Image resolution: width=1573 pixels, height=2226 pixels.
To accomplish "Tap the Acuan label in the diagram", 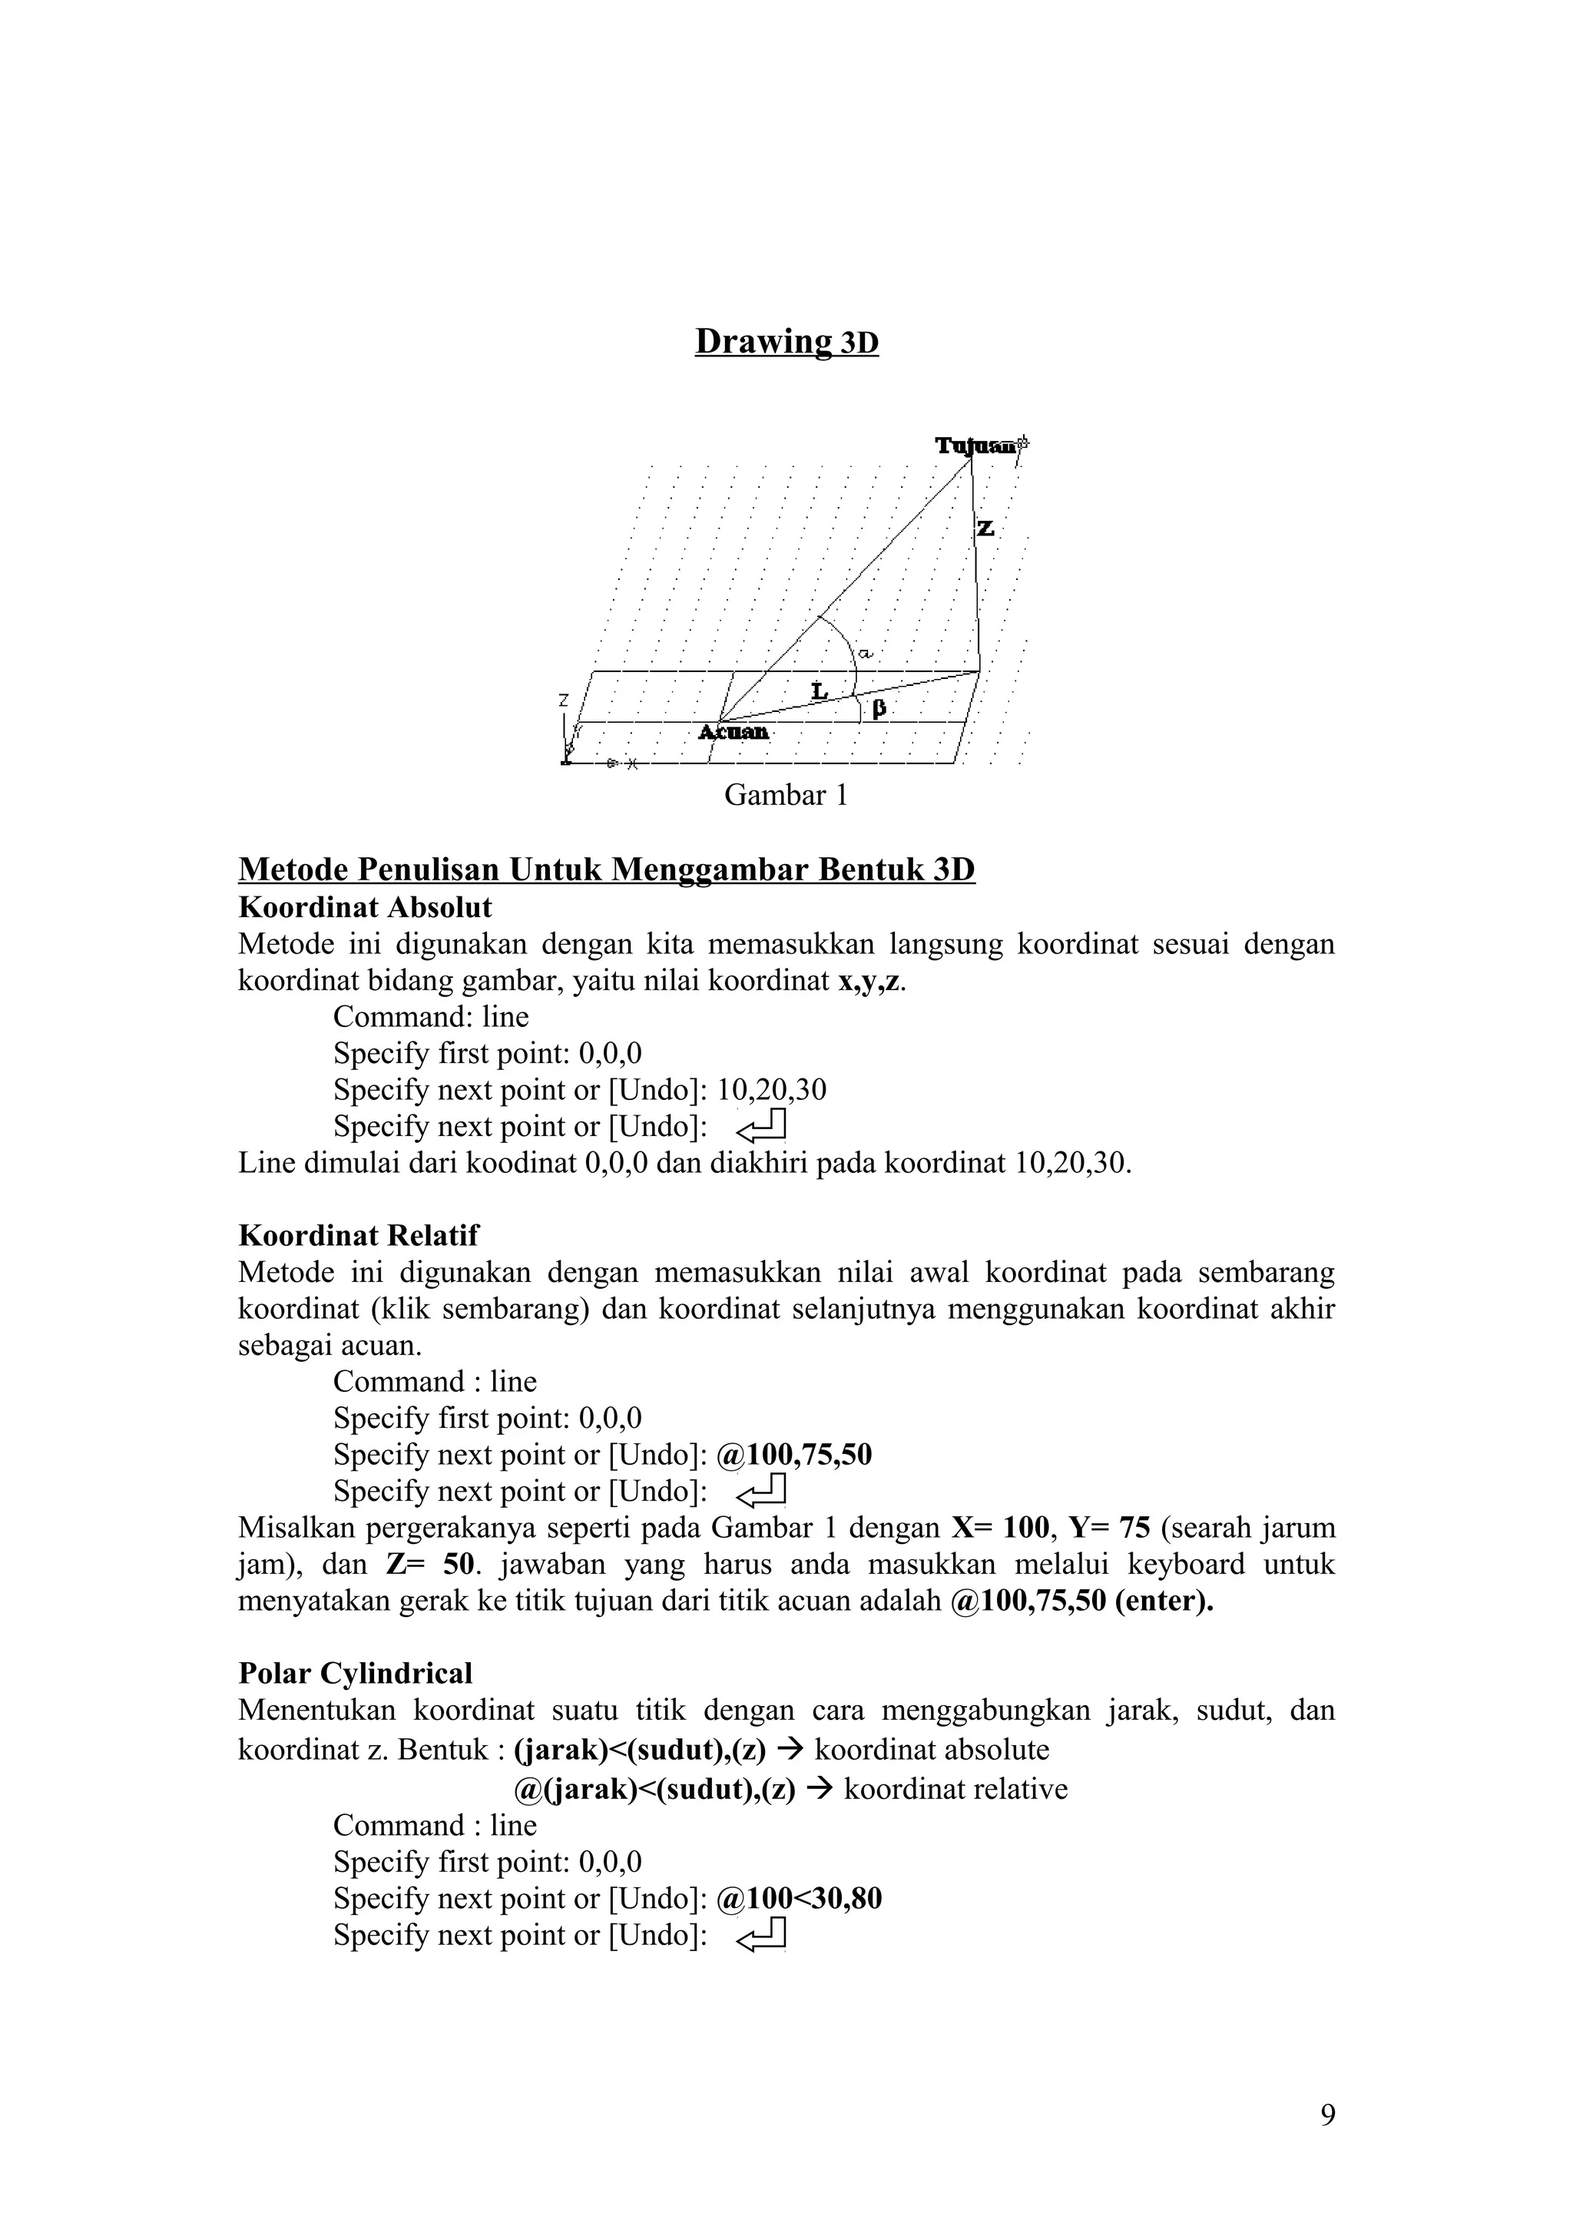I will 734,732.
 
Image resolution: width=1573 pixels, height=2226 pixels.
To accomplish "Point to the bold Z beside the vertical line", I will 985,528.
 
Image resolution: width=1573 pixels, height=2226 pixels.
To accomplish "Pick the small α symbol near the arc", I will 866,655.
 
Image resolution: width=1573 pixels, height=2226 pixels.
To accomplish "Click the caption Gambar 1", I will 786,796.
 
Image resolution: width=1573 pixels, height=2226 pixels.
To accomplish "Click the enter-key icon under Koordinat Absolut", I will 762,1127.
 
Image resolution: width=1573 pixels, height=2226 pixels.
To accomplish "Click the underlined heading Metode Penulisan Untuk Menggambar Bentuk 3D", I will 607,869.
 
